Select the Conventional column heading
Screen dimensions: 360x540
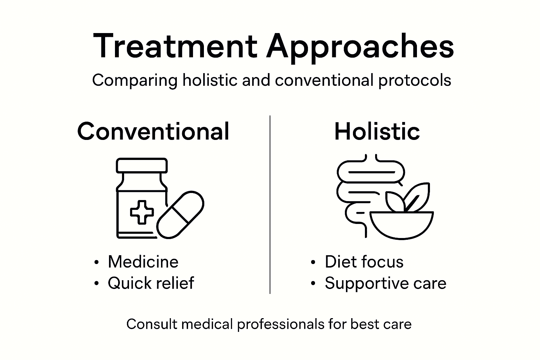(x=153, y=131)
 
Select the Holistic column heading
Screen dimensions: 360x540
(x=377, y=131)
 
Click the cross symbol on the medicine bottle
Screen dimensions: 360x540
(x=142, y=212)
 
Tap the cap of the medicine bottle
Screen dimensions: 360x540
(x=142, y=165)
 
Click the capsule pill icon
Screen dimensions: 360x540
(x=180, y=214)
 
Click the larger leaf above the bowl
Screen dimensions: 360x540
(x=418, y=197)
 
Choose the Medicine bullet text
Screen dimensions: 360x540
(x=143, y=262)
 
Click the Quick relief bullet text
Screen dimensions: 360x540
(x=151, y=283)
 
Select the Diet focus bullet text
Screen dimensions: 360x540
(x=364, y=262)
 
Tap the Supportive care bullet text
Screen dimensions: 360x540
(x=385, y=283)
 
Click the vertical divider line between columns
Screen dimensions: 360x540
(x=270, y=204)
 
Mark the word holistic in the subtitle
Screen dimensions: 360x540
(x=210, y=80)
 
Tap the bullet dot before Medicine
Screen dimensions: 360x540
(x=96, y=263)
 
